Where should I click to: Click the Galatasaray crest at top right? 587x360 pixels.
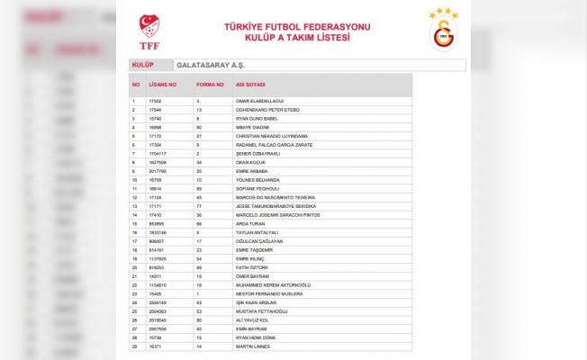442,31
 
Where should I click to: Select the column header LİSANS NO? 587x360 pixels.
163,84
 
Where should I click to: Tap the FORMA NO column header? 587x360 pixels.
210,84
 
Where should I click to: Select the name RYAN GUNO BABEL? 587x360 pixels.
255,118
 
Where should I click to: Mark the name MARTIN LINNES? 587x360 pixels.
252,346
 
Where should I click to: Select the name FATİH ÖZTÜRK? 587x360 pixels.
251,267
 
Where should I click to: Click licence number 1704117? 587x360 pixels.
157,153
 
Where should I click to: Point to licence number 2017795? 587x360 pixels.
157,170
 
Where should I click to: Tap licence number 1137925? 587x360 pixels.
157,258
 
